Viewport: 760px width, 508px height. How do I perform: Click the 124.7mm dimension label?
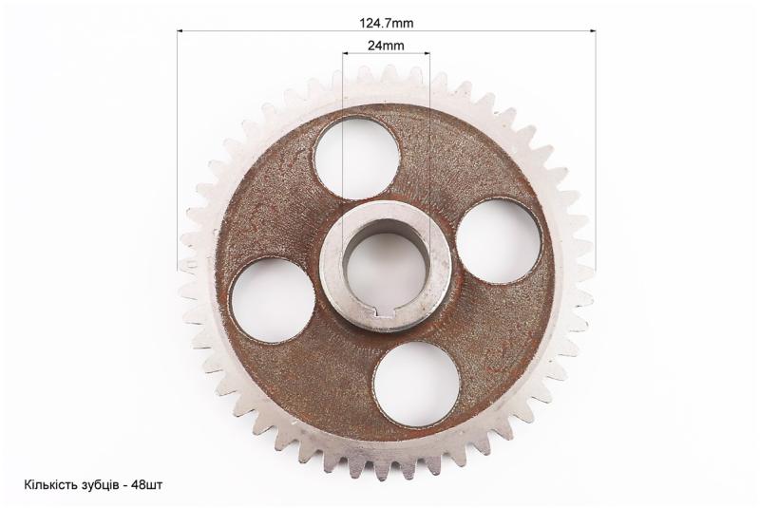386,23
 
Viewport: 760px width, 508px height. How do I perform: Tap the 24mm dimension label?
386,46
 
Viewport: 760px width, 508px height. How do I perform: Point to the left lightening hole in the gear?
273,300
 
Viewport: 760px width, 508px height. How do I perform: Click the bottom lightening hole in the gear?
417,385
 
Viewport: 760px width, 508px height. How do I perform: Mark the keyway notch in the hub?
386,315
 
